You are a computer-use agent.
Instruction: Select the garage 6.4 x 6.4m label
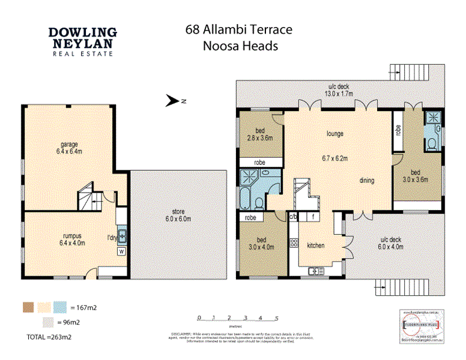pos(69,148)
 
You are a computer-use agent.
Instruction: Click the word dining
pos(367,180)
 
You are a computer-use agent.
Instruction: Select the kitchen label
pos(316,245)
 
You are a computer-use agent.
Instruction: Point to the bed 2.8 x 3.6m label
pos(260,134)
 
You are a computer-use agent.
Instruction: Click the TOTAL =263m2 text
pos(49,337)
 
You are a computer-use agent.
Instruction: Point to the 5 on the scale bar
pos(276,319)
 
